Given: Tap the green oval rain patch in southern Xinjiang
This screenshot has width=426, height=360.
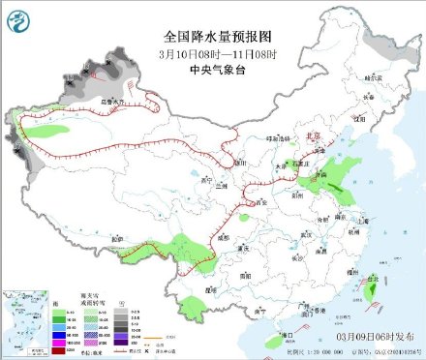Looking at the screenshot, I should click(46, 129).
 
